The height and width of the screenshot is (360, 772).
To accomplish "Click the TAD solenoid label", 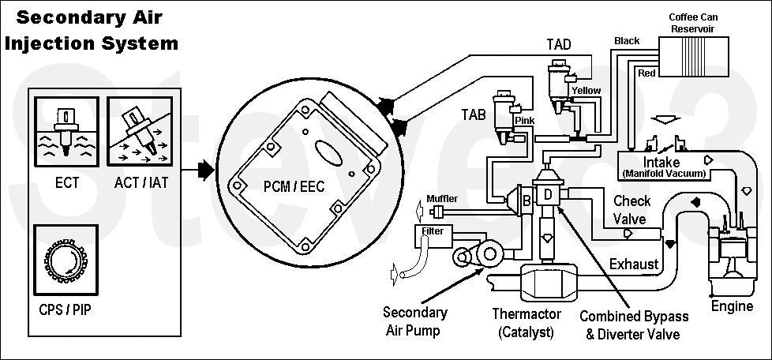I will [x=559, y=44].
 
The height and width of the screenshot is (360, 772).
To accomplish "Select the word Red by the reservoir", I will [x=646, y=73].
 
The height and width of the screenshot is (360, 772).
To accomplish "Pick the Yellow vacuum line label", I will [x=586, y=91].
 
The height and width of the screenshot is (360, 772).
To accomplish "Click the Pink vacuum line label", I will [x=525, y=120].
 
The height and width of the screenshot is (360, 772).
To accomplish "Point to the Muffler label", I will [x=441, y=198].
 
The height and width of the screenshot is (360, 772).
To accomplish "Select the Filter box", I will [x=432, y=233].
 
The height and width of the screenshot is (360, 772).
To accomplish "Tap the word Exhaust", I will [x=634, y=264].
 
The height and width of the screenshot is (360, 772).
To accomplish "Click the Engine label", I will [x=732, y=306].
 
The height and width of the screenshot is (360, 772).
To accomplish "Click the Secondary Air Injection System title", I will [x=91, y=29].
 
